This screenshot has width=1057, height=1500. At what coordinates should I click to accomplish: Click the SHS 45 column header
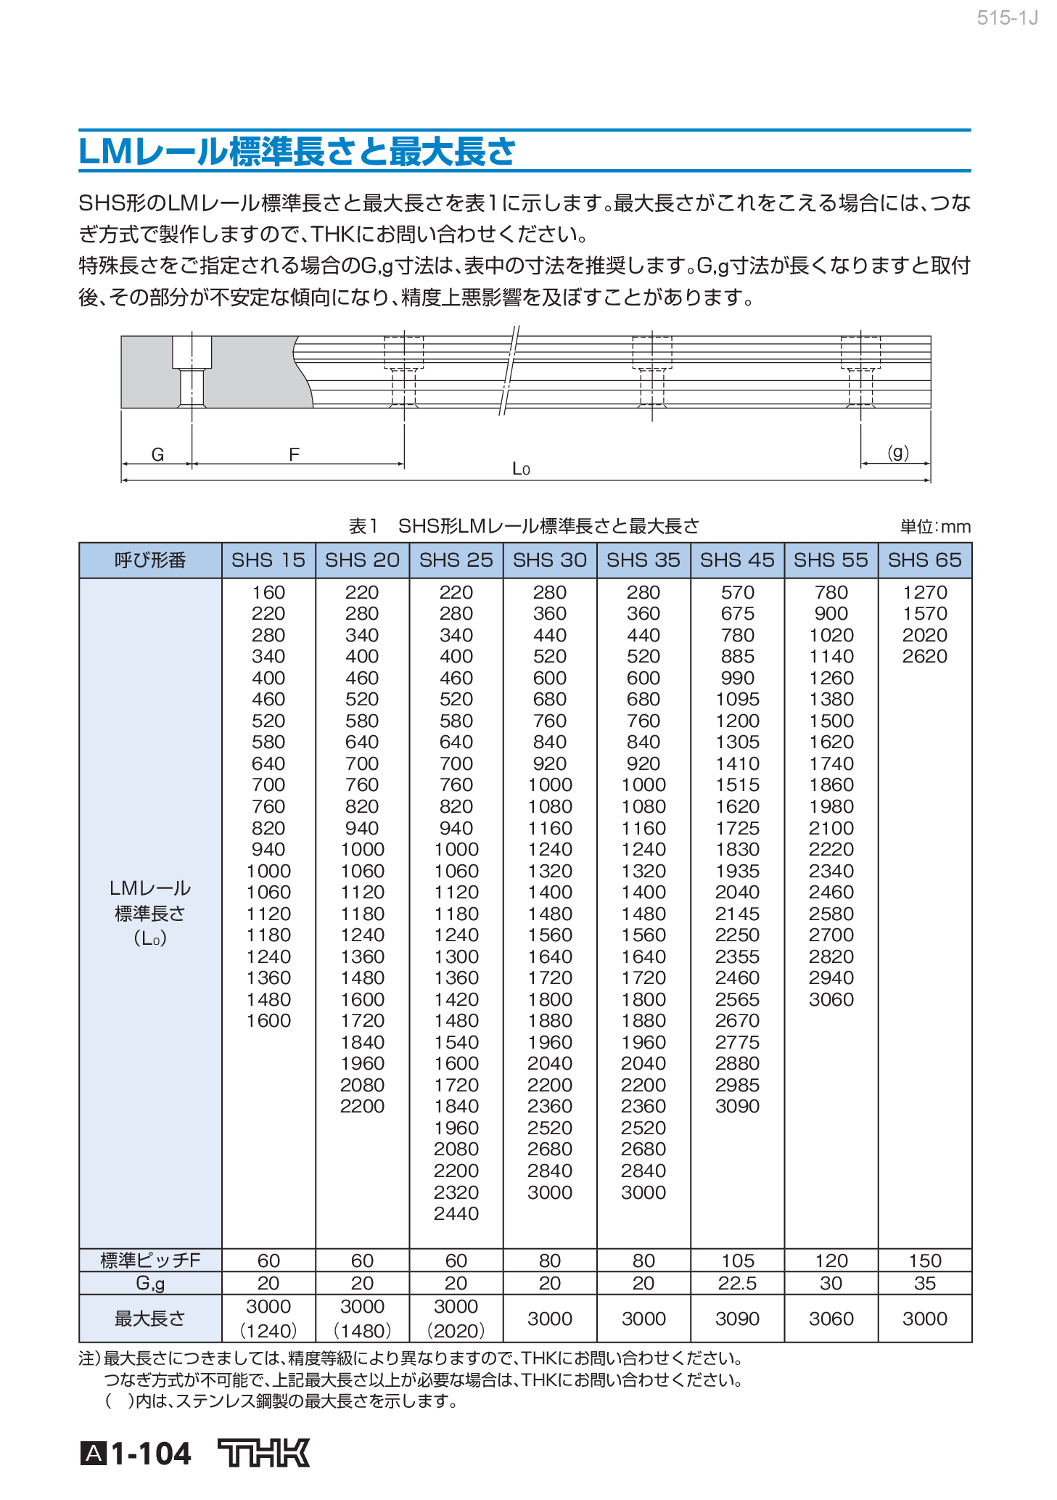[x=737, y=560]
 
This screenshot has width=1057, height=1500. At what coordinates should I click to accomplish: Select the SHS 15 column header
[x=268, y=560]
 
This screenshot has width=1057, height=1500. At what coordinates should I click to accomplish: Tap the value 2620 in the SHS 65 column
[x=925, y=657]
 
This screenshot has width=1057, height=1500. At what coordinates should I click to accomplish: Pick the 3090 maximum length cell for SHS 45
[x=737, y=1319]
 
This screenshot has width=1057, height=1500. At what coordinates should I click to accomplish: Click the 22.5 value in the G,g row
[x=737, y=1283]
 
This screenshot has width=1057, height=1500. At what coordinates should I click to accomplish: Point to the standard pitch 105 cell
[x=737, y=1261]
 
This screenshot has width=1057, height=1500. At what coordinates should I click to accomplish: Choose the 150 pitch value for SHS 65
[x=925, y=1261]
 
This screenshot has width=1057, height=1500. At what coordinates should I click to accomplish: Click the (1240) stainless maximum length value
[x=268, y=1331]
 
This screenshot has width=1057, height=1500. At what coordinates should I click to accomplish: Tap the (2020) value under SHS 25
[x=456, y=1331]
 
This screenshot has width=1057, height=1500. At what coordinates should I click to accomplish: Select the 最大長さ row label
[x=150, y=1319]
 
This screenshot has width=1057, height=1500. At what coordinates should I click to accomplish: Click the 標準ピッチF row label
[x=150, y=1261]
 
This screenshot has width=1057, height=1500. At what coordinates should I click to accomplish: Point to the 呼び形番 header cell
[x=150, y=560]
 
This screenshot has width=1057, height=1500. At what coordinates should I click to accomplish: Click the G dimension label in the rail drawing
[x=157, y=455]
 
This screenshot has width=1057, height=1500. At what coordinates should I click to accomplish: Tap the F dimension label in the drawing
[x=294, y=455]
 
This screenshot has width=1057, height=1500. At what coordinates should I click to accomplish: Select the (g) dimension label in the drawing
[x=898, y=453]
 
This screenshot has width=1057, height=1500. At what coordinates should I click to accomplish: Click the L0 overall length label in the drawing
[x=521, y=469]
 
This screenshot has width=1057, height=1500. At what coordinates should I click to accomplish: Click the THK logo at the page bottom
[x=264, y=1453]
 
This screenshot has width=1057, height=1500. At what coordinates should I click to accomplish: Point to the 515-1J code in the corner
[x=1007, y=18]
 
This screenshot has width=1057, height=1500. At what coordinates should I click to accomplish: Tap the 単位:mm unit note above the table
[x=935, y=527]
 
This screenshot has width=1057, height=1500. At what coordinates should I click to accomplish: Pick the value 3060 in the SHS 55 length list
[x=831, y=999]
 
